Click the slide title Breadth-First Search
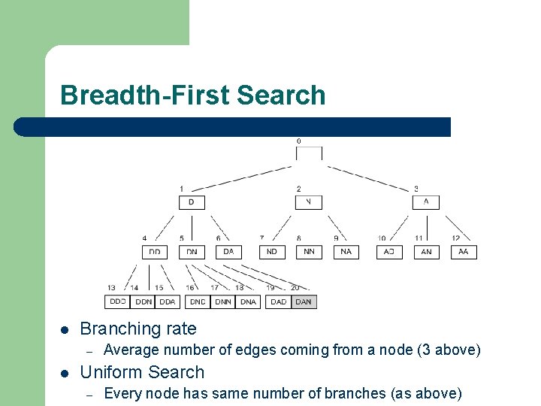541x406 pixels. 193,95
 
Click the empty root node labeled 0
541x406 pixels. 309,153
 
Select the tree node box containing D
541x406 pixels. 192,202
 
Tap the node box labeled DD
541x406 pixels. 155,252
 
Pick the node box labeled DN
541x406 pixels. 192,252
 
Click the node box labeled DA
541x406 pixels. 228,252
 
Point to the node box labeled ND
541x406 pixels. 272,252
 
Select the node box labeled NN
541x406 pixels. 309,252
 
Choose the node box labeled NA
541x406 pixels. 346,252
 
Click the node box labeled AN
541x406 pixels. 426,252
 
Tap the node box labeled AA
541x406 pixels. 464,252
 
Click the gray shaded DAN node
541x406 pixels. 304,301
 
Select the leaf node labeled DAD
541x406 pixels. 278,301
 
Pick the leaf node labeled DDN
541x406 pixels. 143,301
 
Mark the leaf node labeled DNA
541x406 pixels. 247,301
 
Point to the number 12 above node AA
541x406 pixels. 456,238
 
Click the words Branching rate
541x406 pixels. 138,329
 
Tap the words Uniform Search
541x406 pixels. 142,372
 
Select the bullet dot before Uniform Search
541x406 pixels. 65,373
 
